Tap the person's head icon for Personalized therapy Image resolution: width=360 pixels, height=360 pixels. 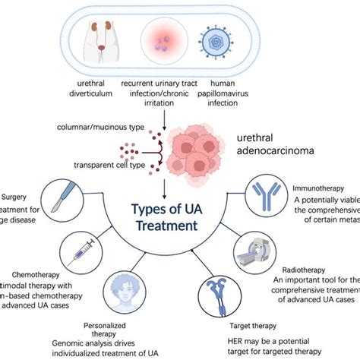[133, 288]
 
